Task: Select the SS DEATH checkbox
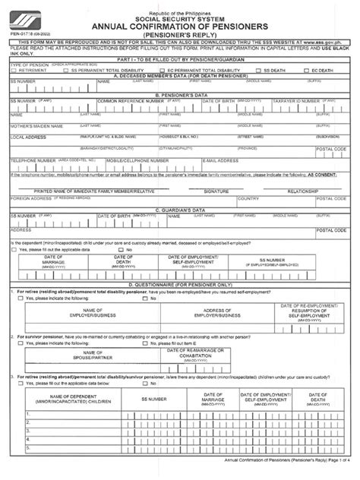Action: coord(236,90)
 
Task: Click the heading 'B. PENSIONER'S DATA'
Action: coord(179,116)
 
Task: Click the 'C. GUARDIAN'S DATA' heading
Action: coord(179,208)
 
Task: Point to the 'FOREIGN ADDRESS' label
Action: coord(30,198)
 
